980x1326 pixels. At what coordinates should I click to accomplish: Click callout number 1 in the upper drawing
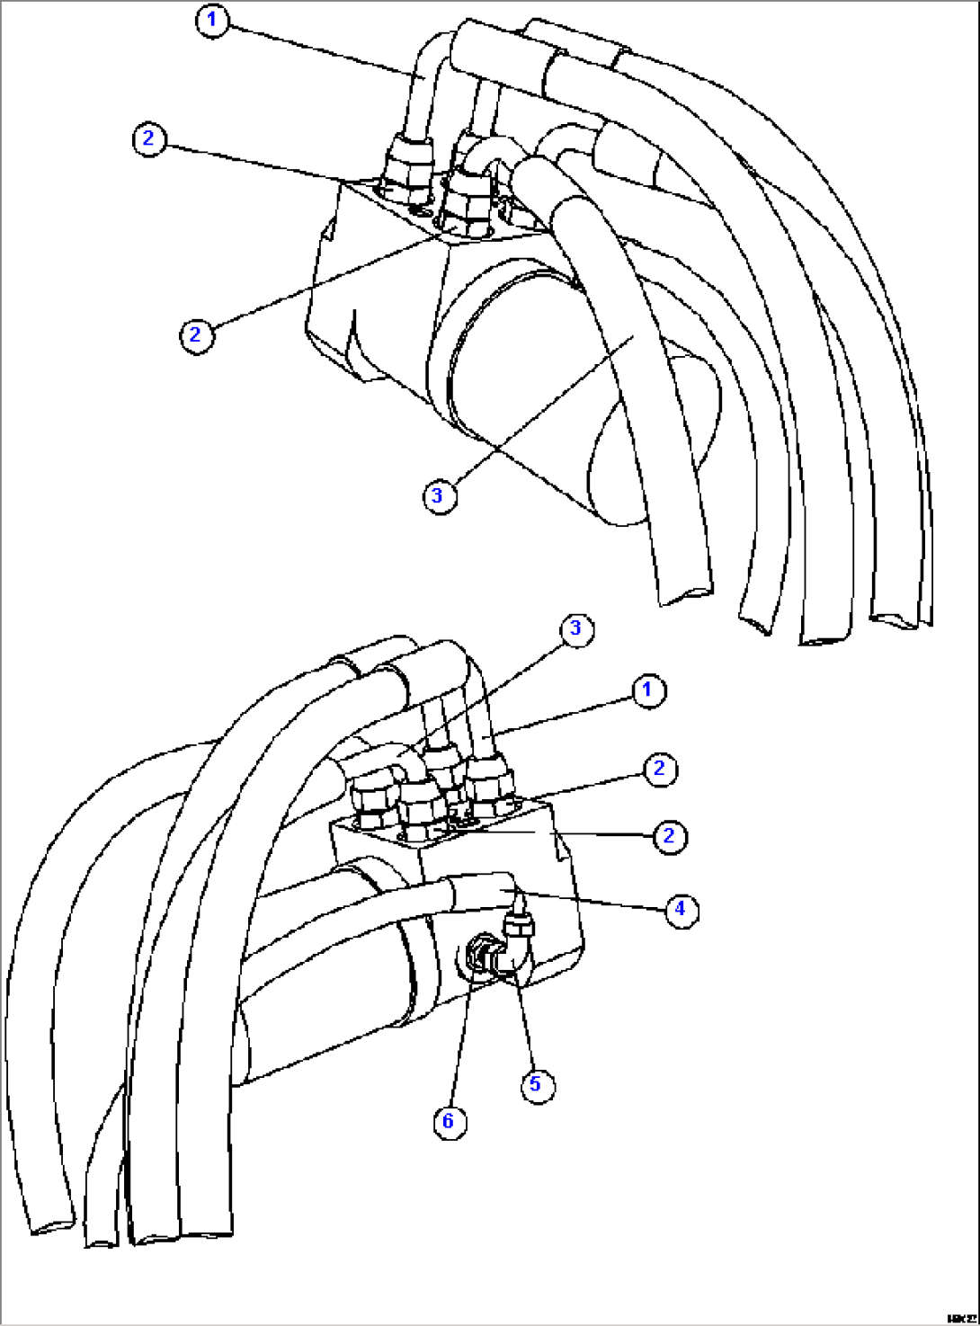(213, 21)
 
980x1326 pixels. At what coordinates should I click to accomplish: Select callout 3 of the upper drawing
(439, 495)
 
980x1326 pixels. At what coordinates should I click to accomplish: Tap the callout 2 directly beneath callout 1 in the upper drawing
(149, 139)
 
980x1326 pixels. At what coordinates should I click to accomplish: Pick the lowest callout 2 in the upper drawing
(196, 335)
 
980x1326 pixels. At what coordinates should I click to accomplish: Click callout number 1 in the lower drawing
(647, 690)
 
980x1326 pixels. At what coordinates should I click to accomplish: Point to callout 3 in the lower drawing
(576, 628)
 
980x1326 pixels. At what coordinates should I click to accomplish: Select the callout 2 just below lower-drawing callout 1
(660, 769)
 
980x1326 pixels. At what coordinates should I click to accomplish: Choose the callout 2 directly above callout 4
(669, 836)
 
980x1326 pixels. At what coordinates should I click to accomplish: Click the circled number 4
(681, 909)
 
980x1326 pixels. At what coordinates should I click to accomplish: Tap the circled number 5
(537, 1084)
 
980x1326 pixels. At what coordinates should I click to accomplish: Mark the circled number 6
(449, 1121)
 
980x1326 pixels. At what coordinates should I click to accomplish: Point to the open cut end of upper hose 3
(686, 594)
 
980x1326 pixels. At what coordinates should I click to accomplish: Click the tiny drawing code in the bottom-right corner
(959, 1315)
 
